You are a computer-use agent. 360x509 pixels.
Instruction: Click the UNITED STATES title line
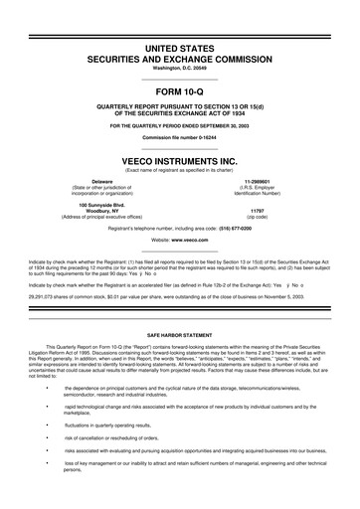coord(179,49)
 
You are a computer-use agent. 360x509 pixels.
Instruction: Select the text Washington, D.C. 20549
coord(179,68)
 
